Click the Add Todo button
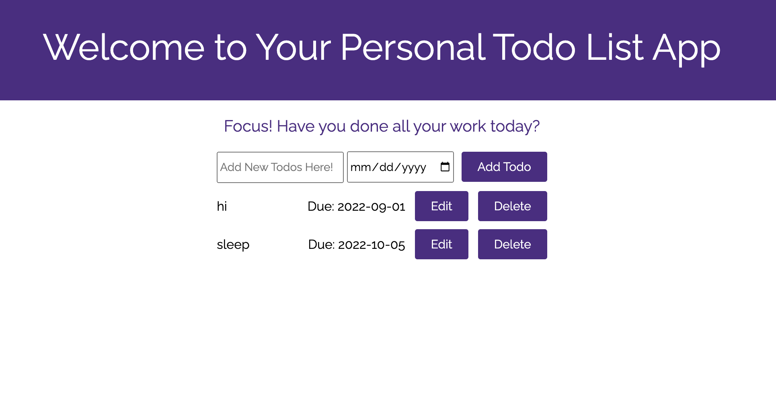[504, 167]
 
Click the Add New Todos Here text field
[280, 167]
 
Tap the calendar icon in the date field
[445, 167]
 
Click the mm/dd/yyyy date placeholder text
[388, 167]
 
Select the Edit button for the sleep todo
[441, 244]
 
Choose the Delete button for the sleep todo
[512, 244]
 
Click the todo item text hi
[222, 206]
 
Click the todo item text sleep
[233, 244]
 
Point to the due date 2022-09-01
[371, 207]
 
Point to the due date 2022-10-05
[371, 245]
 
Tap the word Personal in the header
[413, 47]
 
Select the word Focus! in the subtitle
[248, 126]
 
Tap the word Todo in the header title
[534, 47]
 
